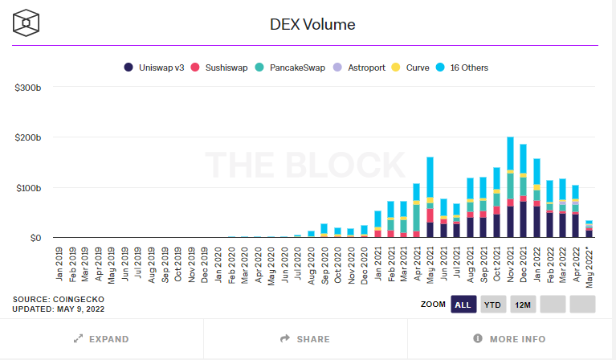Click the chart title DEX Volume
tap(312, 24)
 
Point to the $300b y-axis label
tap(28, 87)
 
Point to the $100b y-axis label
tap(28, 188)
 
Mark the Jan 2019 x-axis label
tap(60, 262)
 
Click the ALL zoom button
tap(463, 305)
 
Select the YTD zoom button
tap(492, 305)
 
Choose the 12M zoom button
tap(522, 305)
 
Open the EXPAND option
tap(102, 339)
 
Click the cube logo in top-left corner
tap(27, 23)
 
